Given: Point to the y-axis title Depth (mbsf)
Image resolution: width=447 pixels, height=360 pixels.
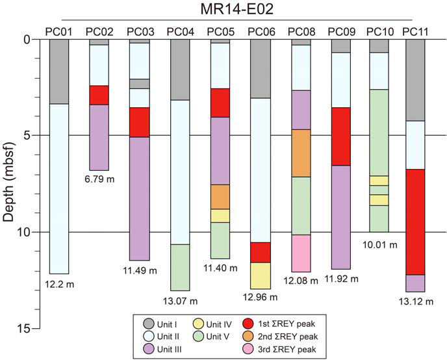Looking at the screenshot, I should point(10,183).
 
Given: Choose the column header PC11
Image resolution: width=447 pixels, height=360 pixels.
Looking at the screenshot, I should point(415,31).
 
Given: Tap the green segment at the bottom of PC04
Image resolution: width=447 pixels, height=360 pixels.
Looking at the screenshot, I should point(180,267).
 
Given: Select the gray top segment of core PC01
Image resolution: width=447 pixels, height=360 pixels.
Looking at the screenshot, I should point(59,71).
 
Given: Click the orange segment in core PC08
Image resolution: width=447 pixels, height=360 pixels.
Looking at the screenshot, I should point(301,153).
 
